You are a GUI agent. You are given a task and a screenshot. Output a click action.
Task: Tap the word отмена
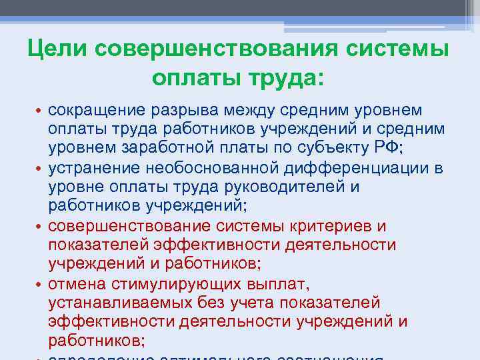tap(73, 284)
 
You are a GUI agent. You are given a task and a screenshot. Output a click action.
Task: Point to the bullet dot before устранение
tap(39, 168)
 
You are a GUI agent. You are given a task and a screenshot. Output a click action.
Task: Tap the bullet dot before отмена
tap(39, 285)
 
